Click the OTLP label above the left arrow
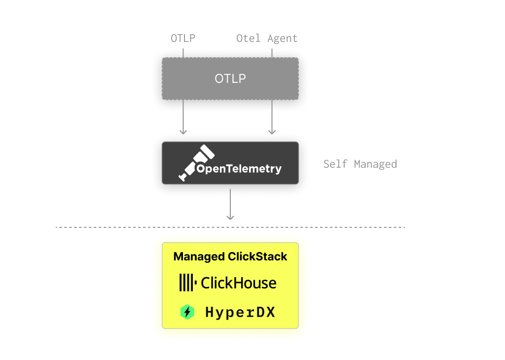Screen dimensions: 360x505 point(182,38)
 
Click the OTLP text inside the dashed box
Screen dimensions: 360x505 point(230,78)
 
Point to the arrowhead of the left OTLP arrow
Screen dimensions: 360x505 point(183,132)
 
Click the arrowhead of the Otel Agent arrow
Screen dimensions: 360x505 point(272,132)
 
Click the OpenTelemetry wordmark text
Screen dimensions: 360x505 point(239,169)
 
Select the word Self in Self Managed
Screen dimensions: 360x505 point(335,164)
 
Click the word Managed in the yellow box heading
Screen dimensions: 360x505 point(199,257)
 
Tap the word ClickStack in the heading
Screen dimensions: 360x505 point(257,257)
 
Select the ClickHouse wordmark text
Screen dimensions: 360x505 point(239,283)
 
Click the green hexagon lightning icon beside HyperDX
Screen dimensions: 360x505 point(187,312)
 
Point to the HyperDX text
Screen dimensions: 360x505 point(240,312)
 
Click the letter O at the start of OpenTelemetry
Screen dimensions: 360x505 point(201,169)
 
